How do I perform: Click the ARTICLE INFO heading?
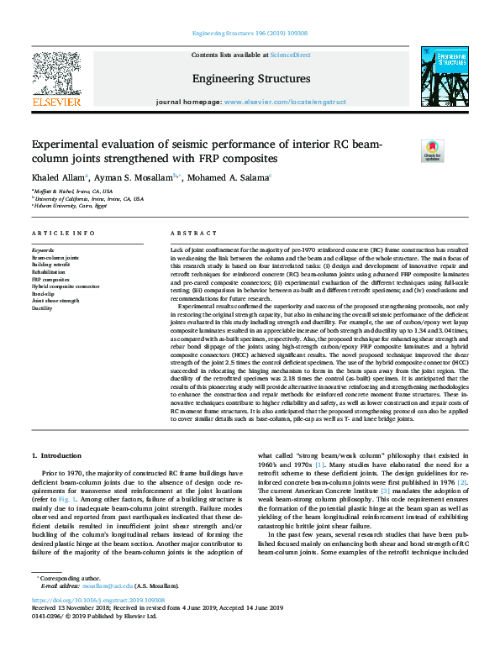tap(63, 233)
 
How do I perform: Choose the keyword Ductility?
tap(43, 308)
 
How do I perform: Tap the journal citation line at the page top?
tap(250, 34)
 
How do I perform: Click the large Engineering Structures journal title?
tap(251, 79)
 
